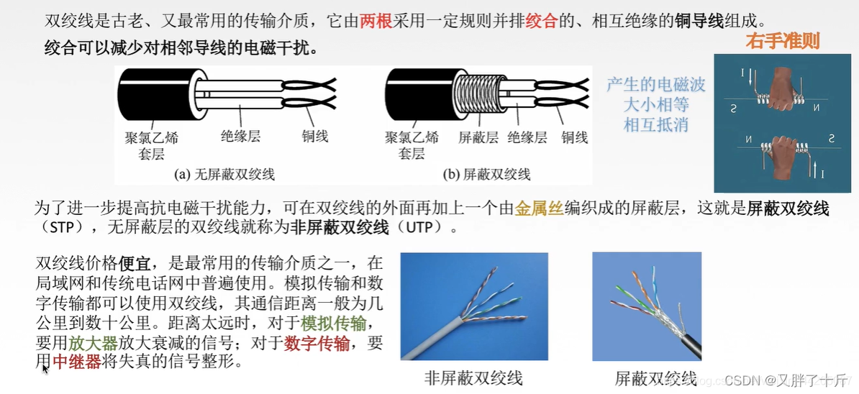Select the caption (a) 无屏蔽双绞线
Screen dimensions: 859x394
coord(224,175)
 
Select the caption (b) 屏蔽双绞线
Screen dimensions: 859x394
coord(486,175)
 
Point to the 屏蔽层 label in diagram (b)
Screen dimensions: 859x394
coord(478,137)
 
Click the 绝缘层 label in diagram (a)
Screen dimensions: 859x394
coord(240,137)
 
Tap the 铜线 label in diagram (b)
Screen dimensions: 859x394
coord(574,137)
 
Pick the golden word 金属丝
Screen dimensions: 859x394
coord(539,209)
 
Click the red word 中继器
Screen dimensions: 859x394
coord(77,361)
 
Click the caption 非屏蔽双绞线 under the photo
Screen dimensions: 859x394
coord(474,377)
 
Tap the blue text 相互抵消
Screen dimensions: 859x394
coord(655,124)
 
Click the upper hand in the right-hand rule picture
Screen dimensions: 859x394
coord(784,88)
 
